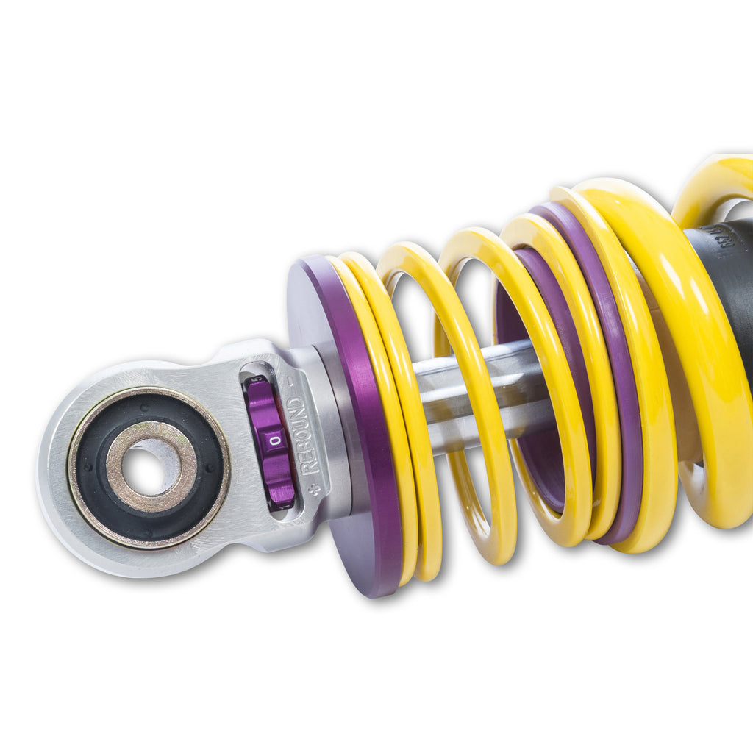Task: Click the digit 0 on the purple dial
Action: coord(275,440)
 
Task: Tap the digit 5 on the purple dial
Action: coord(257,379)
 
